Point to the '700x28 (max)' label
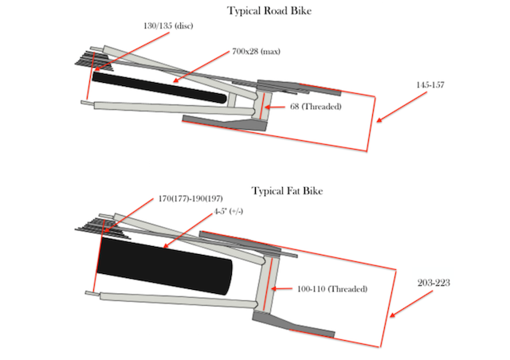click(257, 52)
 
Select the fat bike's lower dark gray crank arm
click(295, 324)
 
